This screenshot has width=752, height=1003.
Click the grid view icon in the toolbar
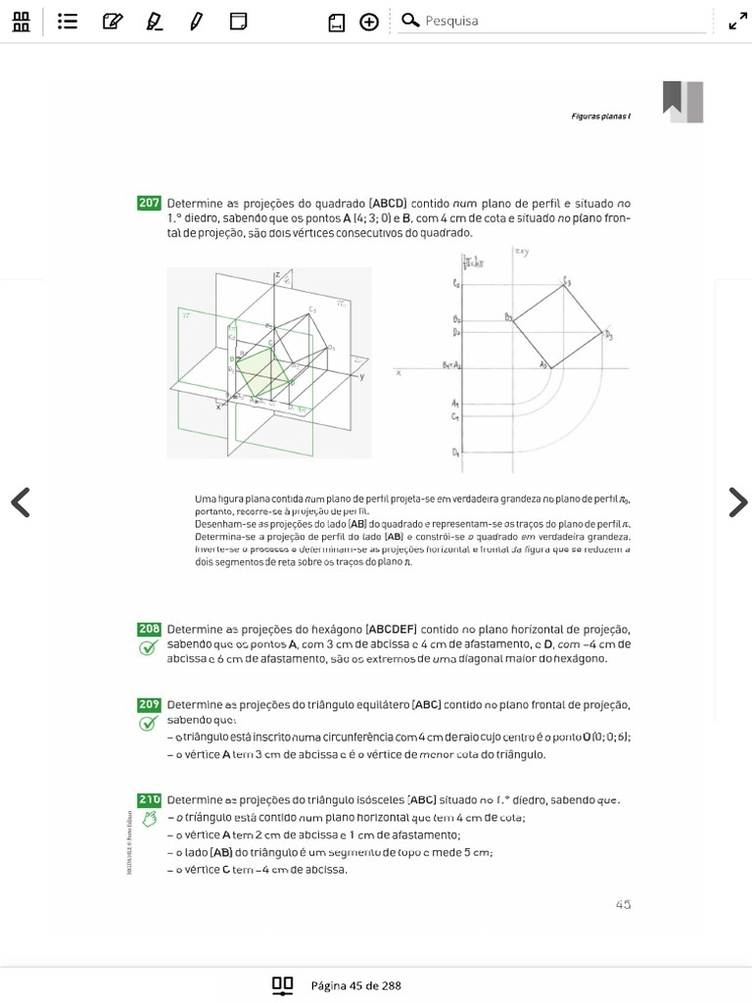(21, 21)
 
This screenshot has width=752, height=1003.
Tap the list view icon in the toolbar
(68, 21)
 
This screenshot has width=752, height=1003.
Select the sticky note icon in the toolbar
(238, 21)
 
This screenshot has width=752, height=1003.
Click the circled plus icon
(369, 22)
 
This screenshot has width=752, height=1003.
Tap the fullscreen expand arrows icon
(737, 21)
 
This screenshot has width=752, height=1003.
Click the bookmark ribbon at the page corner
(682, 101)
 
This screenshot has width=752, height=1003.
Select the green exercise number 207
(149, 204)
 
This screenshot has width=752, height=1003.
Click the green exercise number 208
(149, 629)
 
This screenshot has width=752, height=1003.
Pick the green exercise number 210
(149, 799)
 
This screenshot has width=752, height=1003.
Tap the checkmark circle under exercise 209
(148, 724)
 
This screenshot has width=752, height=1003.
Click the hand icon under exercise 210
(149, 819)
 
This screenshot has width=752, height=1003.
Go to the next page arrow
(736, 501)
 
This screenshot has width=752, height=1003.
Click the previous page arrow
(20, 501)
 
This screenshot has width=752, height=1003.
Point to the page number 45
(623, 904)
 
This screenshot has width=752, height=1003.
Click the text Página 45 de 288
(355, 985)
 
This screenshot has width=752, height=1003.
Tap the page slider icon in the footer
(283, 985)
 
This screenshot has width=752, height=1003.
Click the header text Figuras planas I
(600, 116)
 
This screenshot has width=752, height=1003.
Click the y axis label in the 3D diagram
(361, 376)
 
